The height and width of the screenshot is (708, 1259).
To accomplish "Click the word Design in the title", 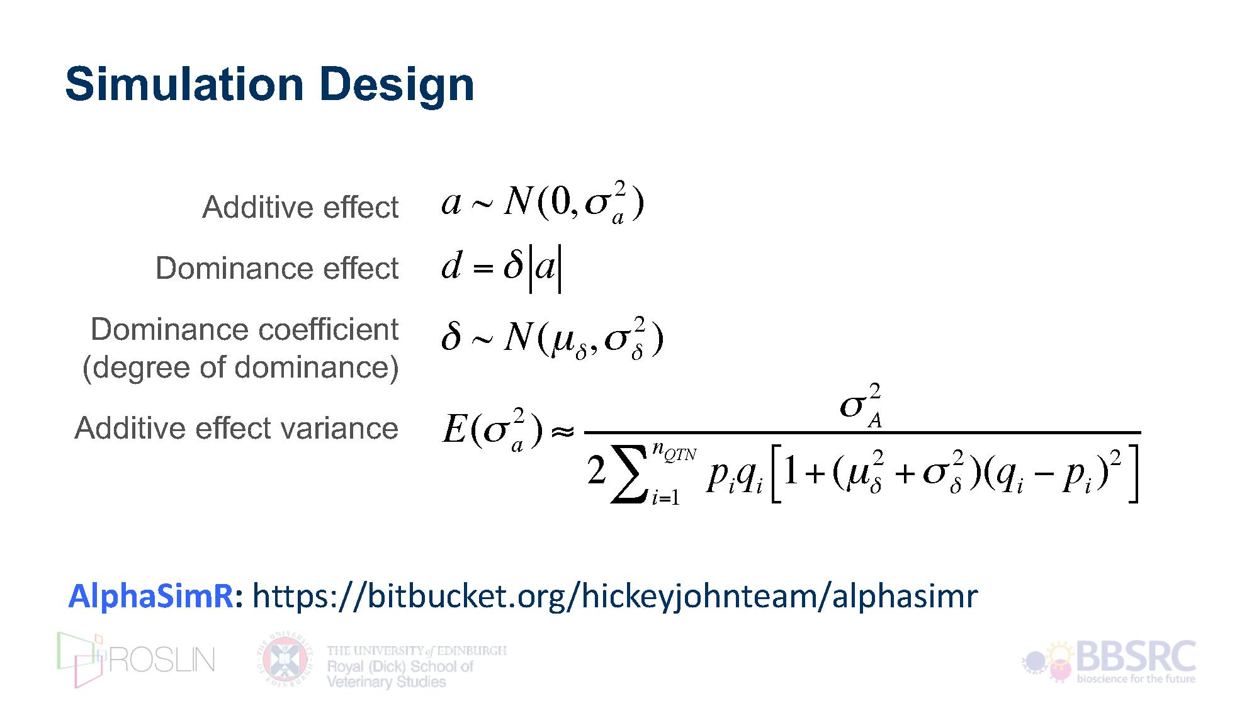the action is (x=397, y=86).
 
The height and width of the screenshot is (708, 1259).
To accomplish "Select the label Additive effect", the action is (x=300, y=207).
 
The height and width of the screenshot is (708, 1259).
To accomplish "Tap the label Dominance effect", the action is (x=277, y=268).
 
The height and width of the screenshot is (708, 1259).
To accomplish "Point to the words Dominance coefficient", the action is (x=244, y=329).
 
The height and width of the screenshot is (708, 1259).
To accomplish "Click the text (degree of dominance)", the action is (x=240, y=368).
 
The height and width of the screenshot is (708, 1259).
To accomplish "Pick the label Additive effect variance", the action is (x=237, y=428).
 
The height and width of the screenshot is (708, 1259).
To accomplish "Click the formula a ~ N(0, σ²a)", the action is (x=543, y=203).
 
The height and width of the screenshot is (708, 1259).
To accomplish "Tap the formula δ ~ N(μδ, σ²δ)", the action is (x=553, y=339).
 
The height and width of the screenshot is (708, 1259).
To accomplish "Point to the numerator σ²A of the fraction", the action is (x=861, y=405).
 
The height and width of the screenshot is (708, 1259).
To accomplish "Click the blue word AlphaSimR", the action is (x=151, y=595).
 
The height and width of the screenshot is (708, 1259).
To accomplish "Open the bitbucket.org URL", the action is (x=615, y=597).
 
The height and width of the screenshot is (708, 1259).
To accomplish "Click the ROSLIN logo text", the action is (x=162, y=660).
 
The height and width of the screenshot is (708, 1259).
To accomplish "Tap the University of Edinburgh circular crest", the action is (x=285, y=660).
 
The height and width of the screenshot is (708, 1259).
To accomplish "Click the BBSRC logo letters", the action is (x=1136, y=656).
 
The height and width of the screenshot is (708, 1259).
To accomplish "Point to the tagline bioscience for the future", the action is (x=1136, y=679).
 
